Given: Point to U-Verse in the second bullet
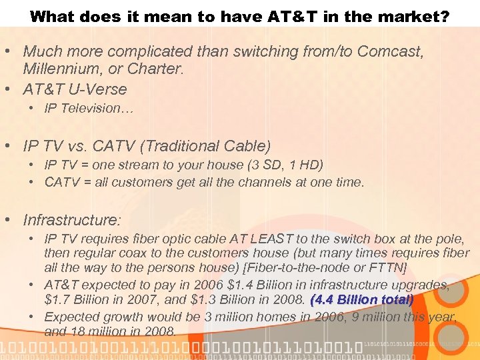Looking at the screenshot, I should (x=97, y=89).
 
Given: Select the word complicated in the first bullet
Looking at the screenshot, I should (x=147, y=51).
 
